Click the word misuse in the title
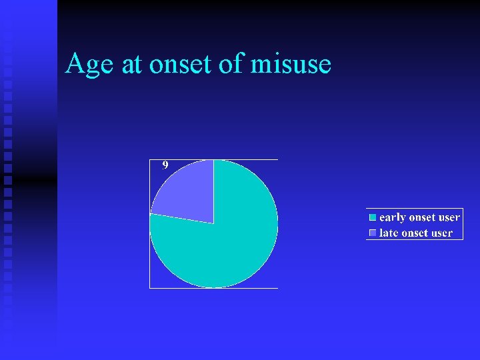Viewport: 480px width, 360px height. (x=291, y=65)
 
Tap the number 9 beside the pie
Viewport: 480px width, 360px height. (x=165, y=165)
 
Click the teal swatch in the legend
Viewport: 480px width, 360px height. (x=373, y=217)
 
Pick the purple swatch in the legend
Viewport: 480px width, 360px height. (x=373, y=233)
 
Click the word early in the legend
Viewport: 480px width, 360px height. (x=392, y=217)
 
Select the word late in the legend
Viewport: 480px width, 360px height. (x=389, y=233)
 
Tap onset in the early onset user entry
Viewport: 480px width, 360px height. (x=421, y=217)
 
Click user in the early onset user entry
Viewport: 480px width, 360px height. (x=449, y=217)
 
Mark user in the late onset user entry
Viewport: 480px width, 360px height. (x=442, y=233)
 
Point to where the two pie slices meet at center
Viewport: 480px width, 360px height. (x=213, y=223)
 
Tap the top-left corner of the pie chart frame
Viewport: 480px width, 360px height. (x=149, y=160)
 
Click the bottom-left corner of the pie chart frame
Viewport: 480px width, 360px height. (x=149, y=288)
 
